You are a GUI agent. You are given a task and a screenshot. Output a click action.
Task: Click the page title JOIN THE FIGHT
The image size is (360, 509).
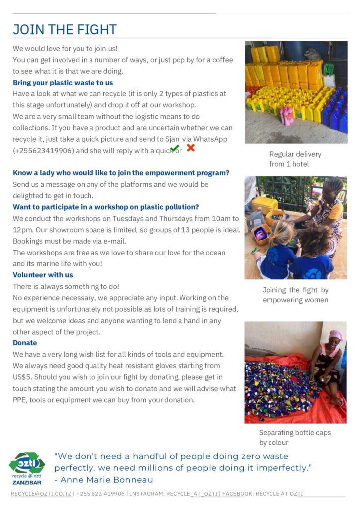coord(65,30)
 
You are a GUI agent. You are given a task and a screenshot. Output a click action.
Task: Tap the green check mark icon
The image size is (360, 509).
coord(174,148)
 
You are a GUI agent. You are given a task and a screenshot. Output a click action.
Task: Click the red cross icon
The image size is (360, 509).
coord(190,148)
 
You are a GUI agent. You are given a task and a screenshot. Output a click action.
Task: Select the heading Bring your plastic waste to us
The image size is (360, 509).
coord(63,83)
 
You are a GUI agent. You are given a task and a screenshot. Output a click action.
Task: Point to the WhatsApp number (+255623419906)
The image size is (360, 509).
coord(45,151)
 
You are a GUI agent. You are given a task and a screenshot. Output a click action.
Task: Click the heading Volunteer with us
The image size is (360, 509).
coord(43,275)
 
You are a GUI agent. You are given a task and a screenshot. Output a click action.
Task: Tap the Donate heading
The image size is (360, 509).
coord(25,343)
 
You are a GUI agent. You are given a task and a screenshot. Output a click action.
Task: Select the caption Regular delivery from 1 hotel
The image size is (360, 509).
coord(295,159)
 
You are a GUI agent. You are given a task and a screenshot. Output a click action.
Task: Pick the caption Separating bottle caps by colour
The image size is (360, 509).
coord(294,437)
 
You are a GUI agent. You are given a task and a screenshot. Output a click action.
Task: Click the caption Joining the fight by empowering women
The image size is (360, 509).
coord(295,295)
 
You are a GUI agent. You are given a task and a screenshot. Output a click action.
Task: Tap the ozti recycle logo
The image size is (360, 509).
coord(27,464)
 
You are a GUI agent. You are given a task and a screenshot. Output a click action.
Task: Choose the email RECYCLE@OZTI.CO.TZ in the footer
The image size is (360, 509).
coord(41,494)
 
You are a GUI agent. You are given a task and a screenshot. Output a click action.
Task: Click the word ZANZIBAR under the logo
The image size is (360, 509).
coord(27,482)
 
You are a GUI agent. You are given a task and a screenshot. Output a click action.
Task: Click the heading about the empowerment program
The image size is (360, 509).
coord(121,173)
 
